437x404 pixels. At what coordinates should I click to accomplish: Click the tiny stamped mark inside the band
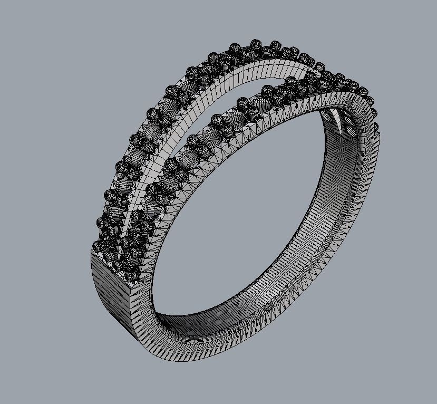[x=269, y=305]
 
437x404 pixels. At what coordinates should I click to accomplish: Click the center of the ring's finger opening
[x=237, y=222]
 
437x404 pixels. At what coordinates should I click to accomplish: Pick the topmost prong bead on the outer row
[x=256, y=43]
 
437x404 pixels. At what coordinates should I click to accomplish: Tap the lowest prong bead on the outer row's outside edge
[x=98, y=246]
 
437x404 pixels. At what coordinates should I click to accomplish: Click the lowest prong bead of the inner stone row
[x=132, y=274]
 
